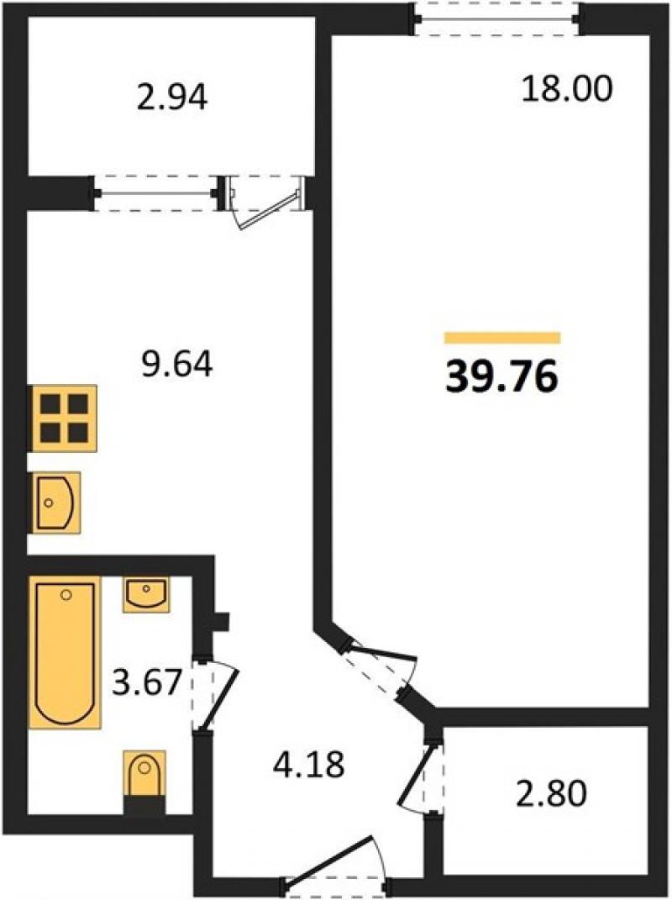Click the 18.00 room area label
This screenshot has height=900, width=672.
567,90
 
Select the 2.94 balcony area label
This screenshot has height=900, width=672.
171,98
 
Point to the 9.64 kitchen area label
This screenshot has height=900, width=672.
176,365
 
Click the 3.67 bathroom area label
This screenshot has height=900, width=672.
147,683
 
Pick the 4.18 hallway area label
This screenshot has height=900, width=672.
309,764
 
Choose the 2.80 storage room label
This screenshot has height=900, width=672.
552,795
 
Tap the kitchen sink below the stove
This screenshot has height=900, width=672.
55,503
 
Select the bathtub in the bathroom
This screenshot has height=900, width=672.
65,652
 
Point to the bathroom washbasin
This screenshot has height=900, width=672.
146,594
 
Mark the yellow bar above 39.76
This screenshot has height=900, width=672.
502,338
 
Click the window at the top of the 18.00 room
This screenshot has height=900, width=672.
497,19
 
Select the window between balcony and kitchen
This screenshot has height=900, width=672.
154,193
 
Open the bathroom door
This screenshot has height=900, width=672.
213,693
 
